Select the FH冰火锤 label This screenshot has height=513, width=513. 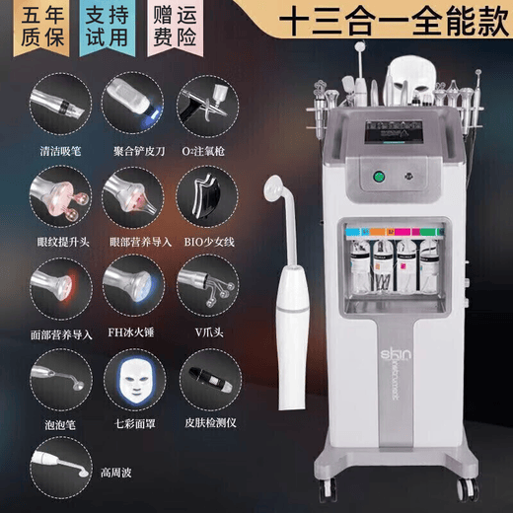pos(134,334)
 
